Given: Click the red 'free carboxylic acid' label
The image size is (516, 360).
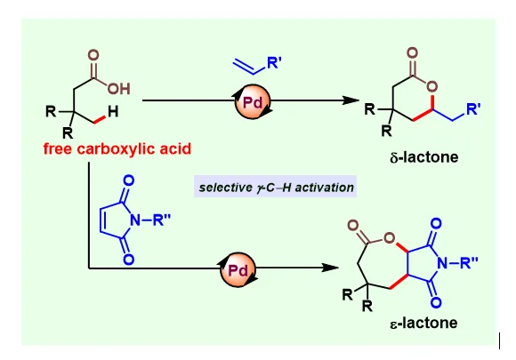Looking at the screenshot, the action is point(117,149).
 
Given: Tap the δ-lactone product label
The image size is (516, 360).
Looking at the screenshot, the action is point(423,157).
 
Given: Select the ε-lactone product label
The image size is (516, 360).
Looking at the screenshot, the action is point(423,323).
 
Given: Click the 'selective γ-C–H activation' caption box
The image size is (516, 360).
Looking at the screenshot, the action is point(276,187).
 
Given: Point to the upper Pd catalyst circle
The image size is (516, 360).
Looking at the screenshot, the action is point(253,101).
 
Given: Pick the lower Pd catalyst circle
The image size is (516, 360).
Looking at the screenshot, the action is point(238,269).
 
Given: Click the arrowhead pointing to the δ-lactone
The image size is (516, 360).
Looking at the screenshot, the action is point(351,100).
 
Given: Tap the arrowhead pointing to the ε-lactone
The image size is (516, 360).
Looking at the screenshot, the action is point(330,268).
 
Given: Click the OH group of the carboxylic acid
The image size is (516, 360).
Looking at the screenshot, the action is point(119,89).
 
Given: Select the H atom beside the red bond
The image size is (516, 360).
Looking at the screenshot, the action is point(113,112).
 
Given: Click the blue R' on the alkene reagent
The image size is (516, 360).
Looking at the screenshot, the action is point(274,63).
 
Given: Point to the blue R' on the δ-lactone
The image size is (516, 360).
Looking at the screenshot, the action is point(473,108).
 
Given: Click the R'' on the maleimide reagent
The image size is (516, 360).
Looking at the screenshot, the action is point(162,220).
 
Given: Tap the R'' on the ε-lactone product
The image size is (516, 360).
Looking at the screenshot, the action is point(469,263).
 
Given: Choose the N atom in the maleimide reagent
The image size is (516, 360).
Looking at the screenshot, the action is point(135,220).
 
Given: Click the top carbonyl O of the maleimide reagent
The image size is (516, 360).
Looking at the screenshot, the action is point(129,180).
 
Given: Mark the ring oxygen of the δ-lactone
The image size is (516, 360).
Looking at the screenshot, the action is point(431,87).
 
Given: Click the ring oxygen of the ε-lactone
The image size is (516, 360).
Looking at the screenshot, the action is point(390,238).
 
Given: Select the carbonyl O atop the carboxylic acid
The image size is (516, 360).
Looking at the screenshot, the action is point(93,55).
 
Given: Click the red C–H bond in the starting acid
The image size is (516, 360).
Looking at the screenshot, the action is point(100,120).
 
